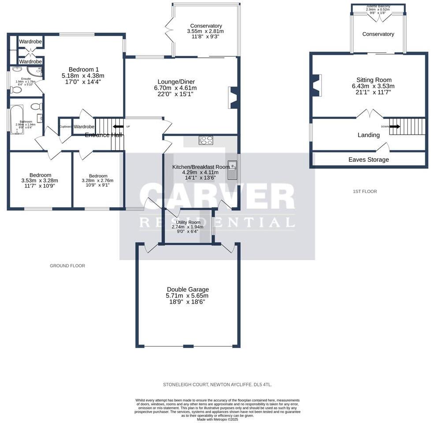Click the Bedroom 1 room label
point(84,69)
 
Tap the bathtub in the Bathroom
point(17,119)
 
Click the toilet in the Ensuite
point(16,90)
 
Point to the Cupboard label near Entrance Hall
point(66,126)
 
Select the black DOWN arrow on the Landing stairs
point(394,126)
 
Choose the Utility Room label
point(186,222)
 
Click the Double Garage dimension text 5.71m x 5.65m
point(188,296)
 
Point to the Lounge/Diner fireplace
point(234,97)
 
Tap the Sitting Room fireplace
point(316,85)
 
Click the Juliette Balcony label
point(378,6)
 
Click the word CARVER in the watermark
point(217,197)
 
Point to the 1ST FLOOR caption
point(365,191)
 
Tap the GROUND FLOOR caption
point(67,266)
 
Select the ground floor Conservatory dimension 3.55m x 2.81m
point(206,31)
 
